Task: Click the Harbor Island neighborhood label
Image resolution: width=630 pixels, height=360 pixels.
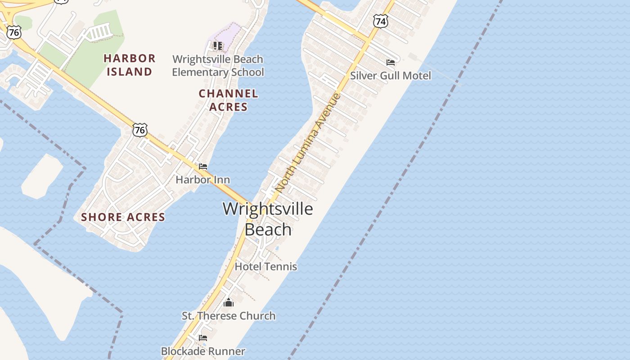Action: (130, 65)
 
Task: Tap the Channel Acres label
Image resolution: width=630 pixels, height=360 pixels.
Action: (229, 100)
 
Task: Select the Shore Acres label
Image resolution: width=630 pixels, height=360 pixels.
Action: (123, 217)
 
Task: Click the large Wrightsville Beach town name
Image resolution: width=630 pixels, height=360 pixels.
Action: (268, 219)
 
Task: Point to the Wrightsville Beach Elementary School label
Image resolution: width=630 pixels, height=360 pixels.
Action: (218, 66)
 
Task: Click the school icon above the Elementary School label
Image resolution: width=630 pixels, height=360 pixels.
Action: (218, 45)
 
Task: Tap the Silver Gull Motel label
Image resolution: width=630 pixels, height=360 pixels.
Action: (390, 76)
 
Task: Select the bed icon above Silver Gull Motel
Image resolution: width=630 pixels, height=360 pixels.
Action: (390, 63)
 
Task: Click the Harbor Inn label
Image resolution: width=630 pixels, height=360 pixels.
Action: (202, 180)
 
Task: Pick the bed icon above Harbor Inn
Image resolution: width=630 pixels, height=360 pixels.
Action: (203, 166)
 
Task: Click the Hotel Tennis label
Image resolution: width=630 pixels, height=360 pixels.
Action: (266, 266)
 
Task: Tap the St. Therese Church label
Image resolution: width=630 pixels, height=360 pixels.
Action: (229, 315)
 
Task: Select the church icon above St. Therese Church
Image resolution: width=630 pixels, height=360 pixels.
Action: (229, 302)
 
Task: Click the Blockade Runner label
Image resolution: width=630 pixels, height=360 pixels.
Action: (203, 351)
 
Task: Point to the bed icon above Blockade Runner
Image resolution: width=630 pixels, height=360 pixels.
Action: (203, 337)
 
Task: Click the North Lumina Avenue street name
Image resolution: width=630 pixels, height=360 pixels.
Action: (308, 143)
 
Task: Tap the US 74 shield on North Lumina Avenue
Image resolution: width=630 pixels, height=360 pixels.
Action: (380, 21)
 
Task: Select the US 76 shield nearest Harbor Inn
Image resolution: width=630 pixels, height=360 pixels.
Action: (140, 130)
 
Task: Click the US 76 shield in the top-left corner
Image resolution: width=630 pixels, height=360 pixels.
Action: (14, 31)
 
